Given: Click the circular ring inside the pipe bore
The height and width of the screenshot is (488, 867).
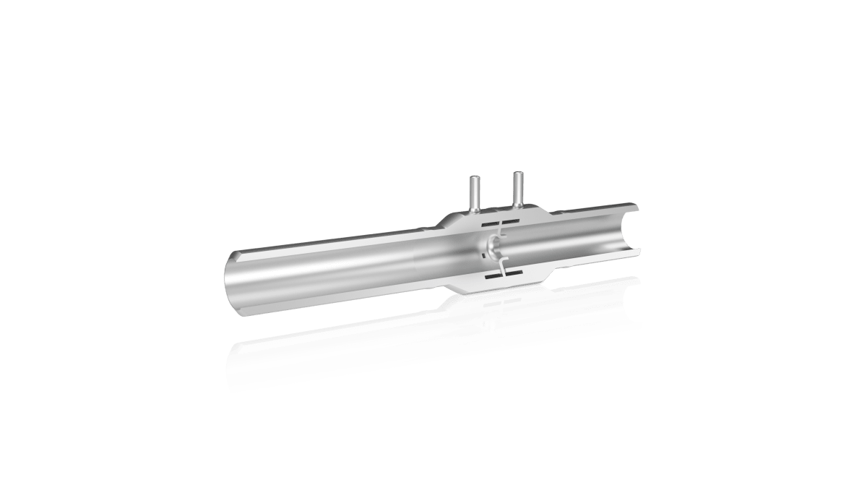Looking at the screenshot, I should (493, 248).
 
